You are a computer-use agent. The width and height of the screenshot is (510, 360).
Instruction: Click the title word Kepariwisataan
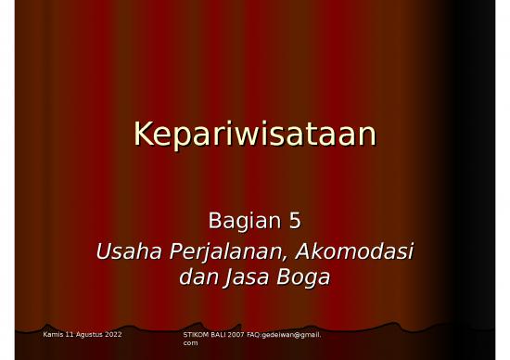pos(254,135)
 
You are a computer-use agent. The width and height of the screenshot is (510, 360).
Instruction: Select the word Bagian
pos(237,222)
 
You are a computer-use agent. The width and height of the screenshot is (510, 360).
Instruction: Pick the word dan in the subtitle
pos(197,276)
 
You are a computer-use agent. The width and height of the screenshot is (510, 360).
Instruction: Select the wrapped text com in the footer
pos(191,342)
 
